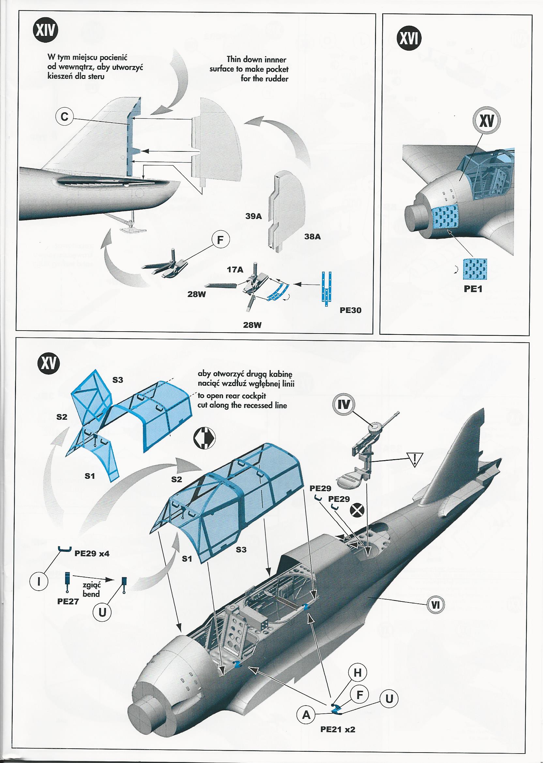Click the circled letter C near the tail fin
click(65, 117)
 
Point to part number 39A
click(253, 216)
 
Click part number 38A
click(312, 237)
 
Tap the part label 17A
click(235, 269)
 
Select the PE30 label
click(350, 310)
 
